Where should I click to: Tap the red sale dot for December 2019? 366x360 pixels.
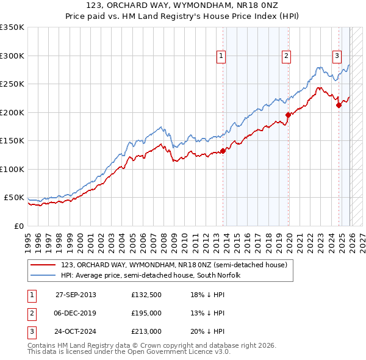288,114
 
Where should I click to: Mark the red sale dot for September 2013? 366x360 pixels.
223,150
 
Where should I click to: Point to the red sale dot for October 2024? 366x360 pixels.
339,104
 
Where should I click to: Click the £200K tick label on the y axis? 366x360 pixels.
12,112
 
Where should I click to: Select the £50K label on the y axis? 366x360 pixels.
14,198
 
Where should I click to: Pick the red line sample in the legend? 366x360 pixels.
44,265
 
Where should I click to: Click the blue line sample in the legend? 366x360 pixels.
44,276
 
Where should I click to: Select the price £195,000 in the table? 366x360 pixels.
146,313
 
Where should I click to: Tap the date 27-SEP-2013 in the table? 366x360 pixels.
76,295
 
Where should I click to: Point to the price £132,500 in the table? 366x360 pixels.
146,295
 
